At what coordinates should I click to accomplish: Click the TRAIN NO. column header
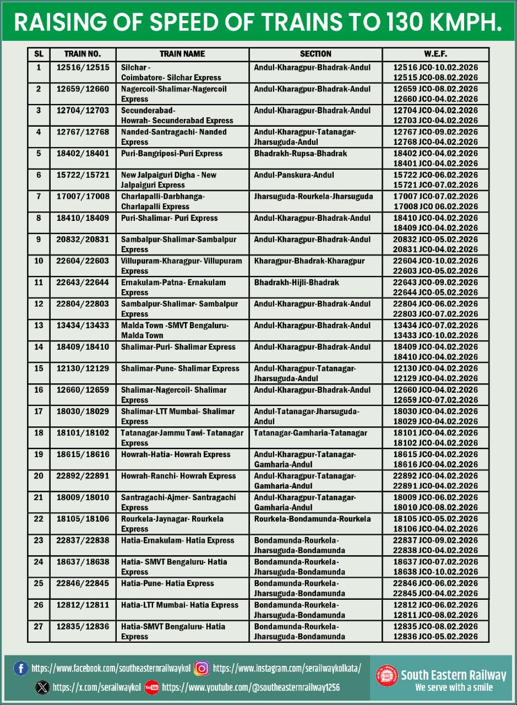pyautogui.click(x=83, y=54)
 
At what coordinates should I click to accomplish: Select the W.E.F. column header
pyautogui.click(x=435, y=54)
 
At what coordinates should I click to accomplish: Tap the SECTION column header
pyautogui.click(x=315, y=54)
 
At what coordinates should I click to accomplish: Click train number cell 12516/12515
pyautogui.click(x=83, y=67)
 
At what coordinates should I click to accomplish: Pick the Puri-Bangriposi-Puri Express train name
pyautogui.click(x=172, y=153)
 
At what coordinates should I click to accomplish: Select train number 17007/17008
pyautogui.click(x=83, y=196)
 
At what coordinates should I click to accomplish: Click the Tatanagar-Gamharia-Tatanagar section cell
pyautogui.click(x=311, y=432)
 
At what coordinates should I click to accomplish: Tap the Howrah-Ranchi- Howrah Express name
pyautogui.click(x=176, y=475)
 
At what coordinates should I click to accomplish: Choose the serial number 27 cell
pyautogui.click(x=39, y=626)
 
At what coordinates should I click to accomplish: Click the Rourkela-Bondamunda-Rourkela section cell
pyautogui.click(x=312, y=518)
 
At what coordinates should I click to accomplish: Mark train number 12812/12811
pyautogui.click(x=83, y=605)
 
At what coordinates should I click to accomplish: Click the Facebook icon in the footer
pyautogui.click(x=21, y=669)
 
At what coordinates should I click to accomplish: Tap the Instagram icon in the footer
pyautogui.click(x=202, y=669)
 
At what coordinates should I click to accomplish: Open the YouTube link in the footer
pyautogui.click(x=251, y=687)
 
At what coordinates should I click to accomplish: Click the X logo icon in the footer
pyautogui.click(x=42, y=687)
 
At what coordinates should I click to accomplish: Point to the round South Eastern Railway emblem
pyautogui.click(x=387, y=676)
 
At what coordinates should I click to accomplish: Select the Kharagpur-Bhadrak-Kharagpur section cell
pyautogui.click(x=309, y=261)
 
